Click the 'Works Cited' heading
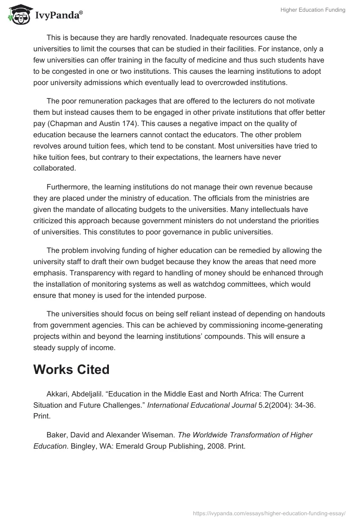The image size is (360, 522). [x=71, y=369]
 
